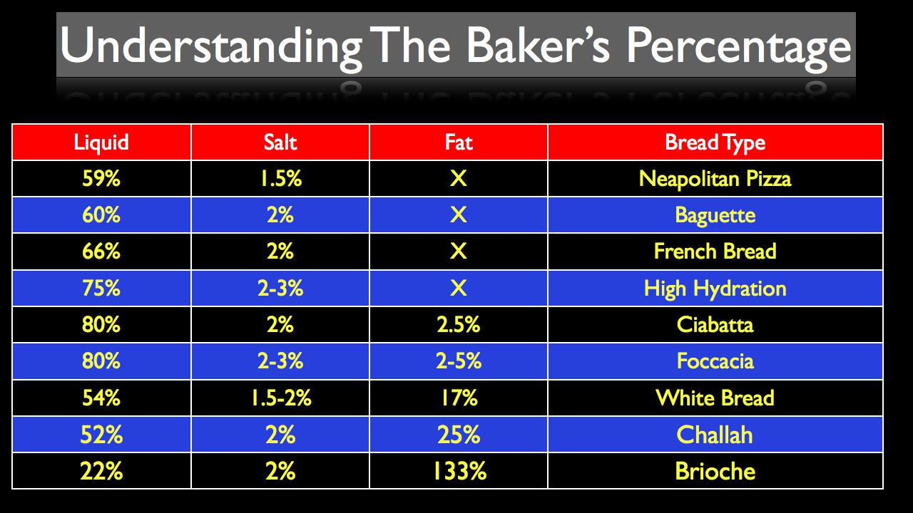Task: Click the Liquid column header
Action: [x=101, y=142]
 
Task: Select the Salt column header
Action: [x=280, y=142]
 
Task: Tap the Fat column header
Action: [x=459, y=142]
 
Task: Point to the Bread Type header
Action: [x=715, y=142]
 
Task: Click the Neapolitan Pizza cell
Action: [x=715, y=178]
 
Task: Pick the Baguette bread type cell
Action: [x=715, y=215]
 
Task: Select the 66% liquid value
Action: [x=101, y=252]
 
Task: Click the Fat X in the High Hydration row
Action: [x=459, y=288]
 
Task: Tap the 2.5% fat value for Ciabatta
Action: [x=459, y=325]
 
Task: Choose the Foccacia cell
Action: [x=715, y=361]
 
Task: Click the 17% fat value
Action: [x=459, y=398]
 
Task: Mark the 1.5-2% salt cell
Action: [x=280, y=398]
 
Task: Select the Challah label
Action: [x=715, y=435]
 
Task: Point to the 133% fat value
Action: [x=459, y=471]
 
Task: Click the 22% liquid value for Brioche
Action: [x=101, y=471]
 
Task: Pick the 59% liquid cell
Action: [x=101, y=178]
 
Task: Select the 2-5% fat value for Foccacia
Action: [x=459, y=361]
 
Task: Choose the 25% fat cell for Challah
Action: [x=459, y=435]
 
